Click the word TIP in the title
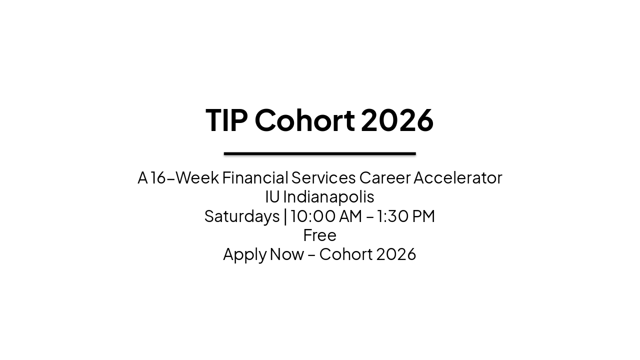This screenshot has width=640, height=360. point(226,120)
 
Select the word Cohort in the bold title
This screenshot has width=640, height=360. point(304,120)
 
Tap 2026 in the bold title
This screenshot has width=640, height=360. point(397,120)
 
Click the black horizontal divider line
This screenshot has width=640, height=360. point(320,153)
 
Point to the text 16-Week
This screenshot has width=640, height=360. point(184,177)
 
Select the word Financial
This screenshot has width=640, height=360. point(255,177)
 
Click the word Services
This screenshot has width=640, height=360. point(323,177)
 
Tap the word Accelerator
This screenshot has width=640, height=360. point(457,177)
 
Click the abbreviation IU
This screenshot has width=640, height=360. point(272,196)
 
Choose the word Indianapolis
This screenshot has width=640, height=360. point(328,196)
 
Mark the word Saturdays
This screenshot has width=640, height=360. point(242,216)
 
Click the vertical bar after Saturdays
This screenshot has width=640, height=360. point(285,216)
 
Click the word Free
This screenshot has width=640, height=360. point(320,235)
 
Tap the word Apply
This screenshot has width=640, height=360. point(244,254)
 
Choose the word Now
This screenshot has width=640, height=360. point(286,254)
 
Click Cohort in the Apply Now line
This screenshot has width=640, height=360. point(345,254)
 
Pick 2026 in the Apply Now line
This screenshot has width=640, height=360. point(396,254)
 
